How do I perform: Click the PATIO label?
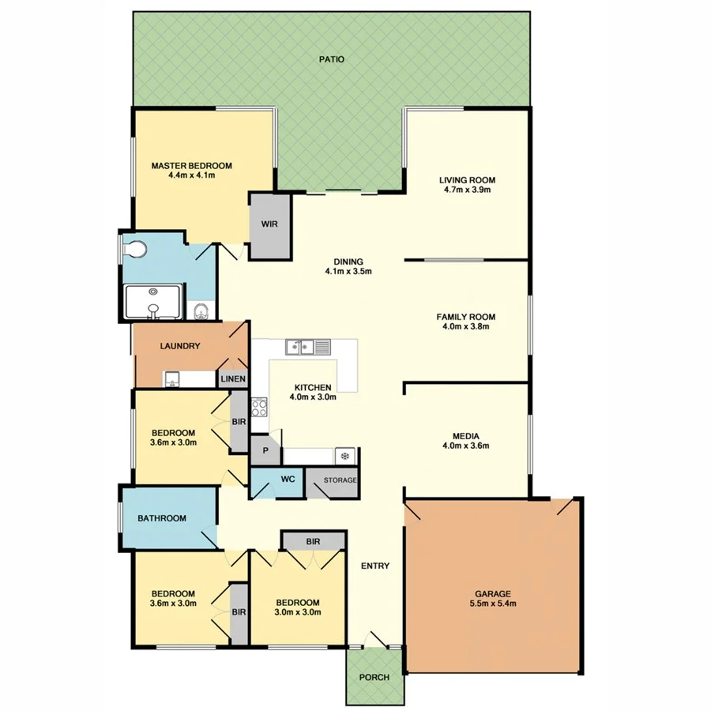coord(332,59)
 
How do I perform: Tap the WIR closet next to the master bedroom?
coord(269,224)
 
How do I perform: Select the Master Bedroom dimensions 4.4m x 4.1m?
coord(192,175)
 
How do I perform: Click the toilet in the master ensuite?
coord(136,250)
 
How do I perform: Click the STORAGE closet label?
coord(340,480)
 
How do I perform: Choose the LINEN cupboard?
coord(234,380)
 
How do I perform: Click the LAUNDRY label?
coord(179,346)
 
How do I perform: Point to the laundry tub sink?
coord(171,380)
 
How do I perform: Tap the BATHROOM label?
coord(162,518)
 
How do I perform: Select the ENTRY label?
coord(375,565)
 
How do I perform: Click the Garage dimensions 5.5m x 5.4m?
coord(493,604)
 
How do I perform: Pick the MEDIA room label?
coord(466,435)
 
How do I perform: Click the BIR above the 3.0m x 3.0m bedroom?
coord(312,541)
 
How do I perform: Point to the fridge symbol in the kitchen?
coord(344,455)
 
